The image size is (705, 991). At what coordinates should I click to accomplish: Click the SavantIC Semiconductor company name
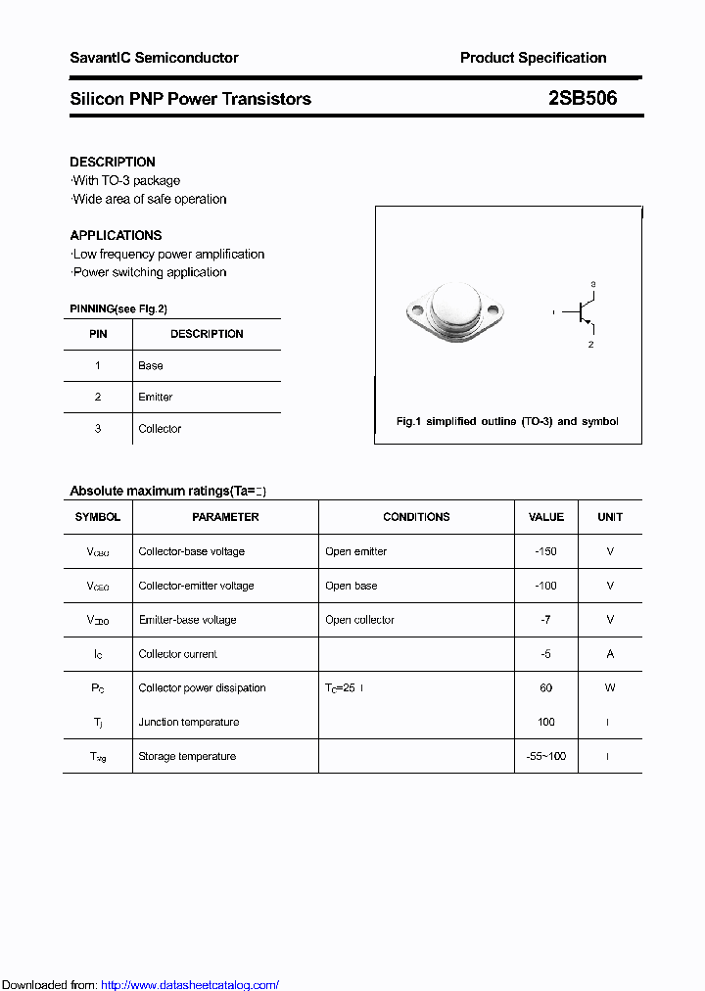(x=154, y=58)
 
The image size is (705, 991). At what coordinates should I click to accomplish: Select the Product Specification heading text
(x=533, y=58)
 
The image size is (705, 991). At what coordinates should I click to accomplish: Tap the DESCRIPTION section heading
(x=113, y=162)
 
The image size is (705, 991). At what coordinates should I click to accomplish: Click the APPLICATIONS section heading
(x=116, y=235)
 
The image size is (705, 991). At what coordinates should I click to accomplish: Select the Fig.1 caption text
(x=507, y=421)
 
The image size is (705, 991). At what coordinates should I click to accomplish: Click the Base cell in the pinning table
(x=151, y=365)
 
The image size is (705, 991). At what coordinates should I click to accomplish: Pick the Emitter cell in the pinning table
(x=155, y=397)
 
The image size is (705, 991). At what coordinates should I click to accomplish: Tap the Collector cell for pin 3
(x=160, y=428)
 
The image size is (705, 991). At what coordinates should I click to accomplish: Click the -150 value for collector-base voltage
(x=545, y=551)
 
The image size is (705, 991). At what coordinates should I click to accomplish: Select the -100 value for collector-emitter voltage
(x=545, y=586)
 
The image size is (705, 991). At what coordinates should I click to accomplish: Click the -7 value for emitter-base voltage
(x=545, y=620)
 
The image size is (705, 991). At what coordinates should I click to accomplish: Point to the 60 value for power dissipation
(x=545, y=687)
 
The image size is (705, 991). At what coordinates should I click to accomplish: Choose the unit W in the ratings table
(x=609, y=687)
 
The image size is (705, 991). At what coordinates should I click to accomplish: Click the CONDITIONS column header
(x=416, y=517)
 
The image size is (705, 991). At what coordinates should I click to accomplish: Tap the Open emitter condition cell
(x=355, y=551)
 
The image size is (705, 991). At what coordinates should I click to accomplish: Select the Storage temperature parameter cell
(x=187, y=756)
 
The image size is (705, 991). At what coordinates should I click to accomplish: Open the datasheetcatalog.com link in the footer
(x=190, y=985)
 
